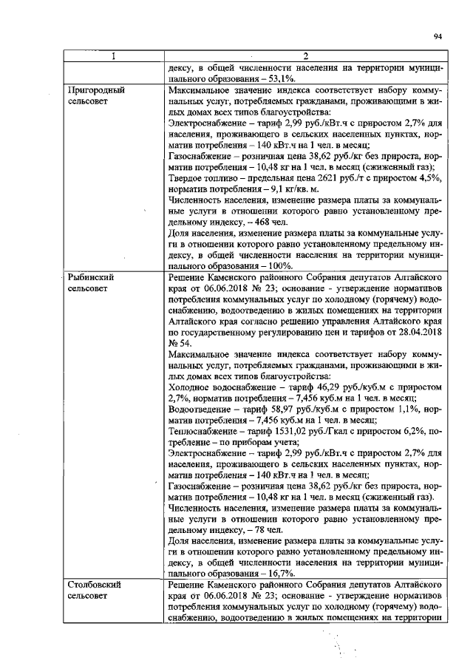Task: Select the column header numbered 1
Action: pyautogui.click(x=113, y=56)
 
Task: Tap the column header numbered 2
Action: pyautogui.click(x=305, y=56)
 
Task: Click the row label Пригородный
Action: pyautogui.click(x=95, y=89)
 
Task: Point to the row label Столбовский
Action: pyautogui.click(x=94, y=585)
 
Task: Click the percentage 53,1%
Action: pyautogui.click(x=280, y=78)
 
